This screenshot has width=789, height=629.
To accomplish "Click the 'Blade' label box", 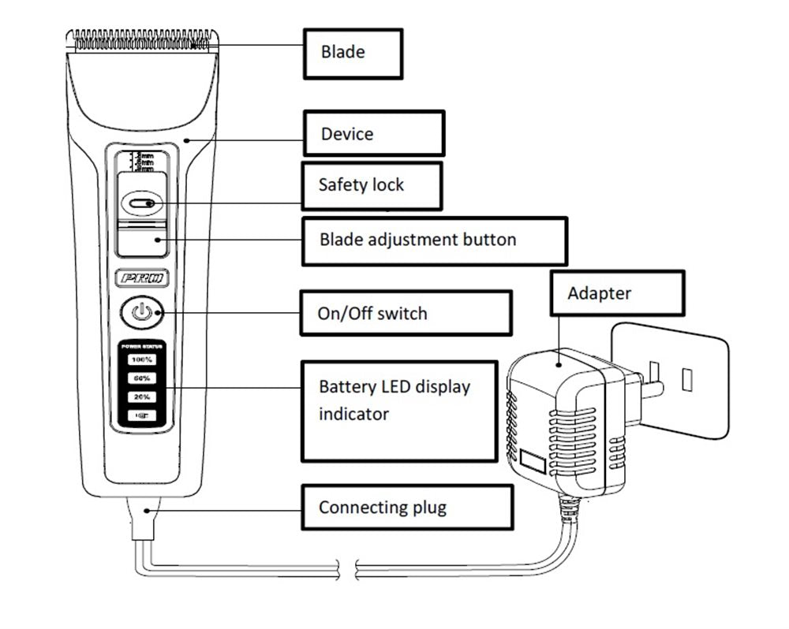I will click(353, 53).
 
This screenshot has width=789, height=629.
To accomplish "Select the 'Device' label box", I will click(374, 133).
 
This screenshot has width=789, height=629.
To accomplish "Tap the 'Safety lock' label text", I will click(361, 185).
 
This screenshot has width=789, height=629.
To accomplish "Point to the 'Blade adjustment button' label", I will click(434, 240).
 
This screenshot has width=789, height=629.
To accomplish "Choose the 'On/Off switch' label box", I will click(406, 313).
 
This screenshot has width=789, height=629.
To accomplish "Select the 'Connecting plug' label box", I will click(406, 506).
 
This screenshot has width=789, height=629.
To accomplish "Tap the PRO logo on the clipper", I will click(142, 278).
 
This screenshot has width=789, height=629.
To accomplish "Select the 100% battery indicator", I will click(142, 359).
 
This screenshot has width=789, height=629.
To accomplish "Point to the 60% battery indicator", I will click(142, 378).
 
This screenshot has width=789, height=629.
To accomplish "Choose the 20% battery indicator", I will click(142, 396).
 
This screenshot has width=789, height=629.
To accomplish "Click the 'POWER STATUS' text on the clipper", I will click(142, 345).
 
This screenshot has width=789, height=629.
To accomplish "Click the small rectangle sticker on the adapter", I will click(533, 461).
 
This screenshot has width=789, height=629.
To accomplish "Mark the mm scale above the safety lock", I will click(143, 161).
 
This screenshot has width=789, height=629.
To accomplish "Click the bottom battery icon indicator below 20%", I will click(142, 415).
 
